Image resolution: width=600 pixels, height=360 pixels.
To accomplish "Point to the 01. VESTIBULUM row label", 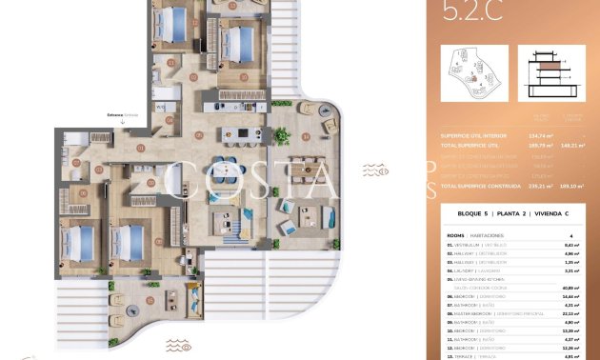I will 465,244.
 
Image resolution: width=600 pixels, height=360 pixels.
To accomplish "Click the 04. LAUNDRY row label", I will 462,270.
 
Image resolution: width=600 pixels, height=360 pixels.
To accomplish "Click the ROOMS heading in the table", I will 455,233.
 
